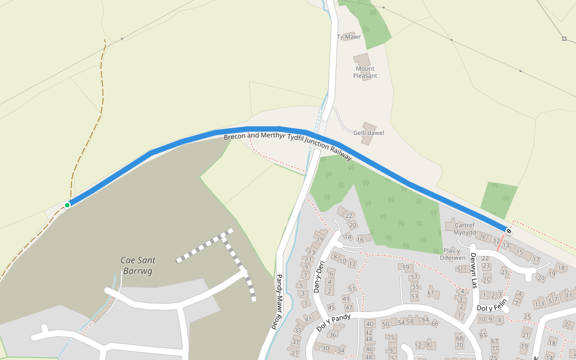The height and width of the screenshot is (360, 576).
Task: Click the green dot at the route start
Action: [67, 205]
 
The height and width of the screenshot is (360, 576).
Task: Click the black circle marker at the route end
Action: [509, 230]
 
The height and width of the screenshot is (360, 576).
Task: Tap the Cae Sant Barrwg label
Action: [138, 265]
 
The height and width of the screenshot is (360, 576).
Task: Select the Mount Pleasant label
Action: [365, 72]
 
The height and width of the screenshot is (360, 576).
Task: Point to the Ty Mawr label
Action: [349, 37]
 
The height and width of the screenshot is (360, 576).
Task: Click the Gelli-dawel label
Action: [369, 133]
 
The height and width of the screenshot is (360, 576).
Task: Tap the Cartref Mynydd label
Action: [464, 229]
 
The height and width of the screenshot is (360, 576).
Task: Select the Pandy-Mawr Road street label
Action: [278, 301]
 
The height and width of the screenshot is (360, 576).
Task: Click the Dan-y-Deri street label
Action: [318, 277]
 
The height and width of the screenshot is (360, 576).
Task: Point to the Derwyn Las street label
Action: [473, 269]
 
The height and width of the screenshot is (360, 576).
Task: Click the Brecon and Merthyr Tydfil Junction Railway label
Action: [287, 146]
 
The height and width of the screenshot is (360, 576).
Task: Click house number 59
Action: [406, 268]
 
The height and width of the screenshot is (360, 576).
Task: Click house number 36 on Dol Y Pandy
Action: [332, 335]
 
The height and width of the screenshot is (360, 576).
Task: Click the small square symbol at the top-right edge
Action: [564, 39]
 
